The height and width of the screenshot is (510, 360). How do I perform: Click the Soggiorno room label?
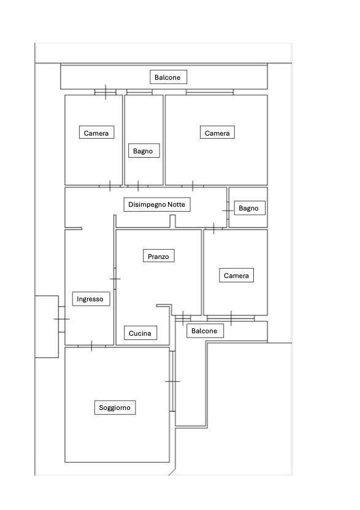coord(115,408)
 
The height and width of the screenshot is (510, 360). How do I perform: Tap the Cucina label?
coord(140,333)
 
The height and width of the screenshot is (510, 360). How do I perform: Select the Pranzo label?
coord(159,257)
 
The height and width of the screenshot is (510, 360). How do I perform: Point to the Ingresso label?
coord(91,299)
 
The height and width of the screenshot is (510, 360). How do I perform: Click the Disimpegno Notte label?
coord(157,204)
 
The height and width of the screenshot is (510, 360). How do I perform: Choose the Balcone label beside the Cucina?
coord(205,331)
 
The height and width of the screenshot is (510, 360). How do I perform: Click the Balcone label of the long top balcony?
coord(168,77)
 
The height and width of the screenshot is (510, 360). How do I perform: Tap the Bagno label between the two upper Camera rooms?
coord(144,151)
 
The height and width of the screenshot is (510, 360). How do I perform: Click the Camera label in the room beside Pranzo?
coord(236,276)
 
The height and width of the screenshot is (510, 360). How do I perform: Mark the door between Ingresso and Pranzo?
coord(115,279)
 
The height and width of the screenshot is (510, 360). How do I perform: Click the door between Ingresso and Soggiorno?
coord(91,346)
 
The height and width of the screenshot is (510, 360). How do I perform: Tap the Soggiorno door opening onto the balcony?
coord(172,381)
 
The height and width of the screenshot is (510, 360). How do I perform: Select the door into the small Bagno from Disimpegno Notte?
coord(228,211)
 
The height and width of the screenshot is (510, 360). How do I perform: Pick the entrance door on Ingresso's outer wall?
coord(62,319)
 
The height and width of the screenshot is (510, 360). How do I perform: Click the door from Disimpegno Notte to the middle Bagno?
coord(138,186)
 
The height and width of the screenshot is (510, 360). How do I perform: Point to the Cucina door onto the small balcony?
coord(183,318)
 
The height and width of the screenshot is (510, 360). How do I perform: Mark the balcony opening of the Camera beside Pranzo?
coord(231,318)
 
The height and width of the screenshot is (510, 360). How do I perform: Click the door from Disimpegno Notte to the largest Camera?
coord(193,186)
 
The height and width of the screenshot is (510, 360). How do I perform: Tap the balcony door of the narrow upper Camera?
coord(105,92)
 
